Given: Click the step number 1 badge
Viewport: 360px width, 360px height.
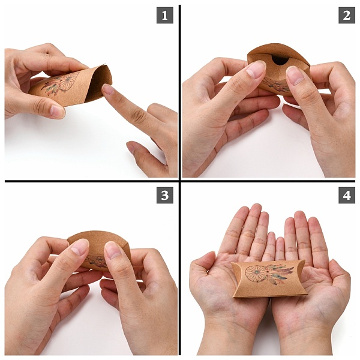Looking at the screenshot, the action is pyautogui.click(x=165, y=15).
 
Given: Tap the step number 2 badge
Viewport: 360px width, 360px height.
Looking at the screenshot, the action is pyautogui.click(x=347, y=15).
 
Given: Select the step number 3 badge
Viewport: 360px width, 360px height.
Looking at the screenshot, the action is pyautogui.click(x=165, y=195).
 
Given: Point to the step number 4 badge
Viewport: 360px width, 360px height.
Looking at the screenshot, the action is pyautogui.click(x=347, y=195).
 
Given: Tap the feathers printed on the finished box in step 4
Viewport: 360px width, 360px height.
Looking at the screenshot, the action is pyautogui.click(x=280, y=274).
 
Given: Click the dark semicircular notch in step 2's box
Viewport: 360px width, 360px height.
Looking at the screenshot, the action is pyautogui.click(x=281, y=61).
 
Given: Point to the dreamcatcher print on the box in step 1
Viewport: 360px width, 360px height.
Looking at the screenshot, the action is pyautogui.click(x=61, y=84).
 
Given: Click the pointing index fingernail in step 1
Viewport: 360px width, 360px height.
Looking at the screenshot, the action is pyautogui.click(x=108, y=89).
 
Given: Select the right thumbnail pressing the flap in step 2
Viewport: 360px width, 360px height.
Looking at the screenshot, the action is pyautogui.click(x=295, y=75).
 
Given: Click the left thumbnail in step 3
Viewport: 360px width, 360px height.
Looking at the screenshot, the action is pyautogui.click(x=79, y=247).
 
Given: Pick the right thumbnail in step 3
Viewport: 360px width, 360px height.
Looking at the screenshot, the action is pyautogui.click(x=113, y=250).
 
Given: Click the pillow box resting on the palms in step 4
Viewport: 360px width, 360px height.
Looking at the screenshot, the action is pyautogui.click(x=269, y=278).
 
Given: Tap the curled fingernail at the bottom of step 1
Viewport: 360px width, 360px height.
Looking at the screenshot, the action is pyautogui.click(x=131, y=147).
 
